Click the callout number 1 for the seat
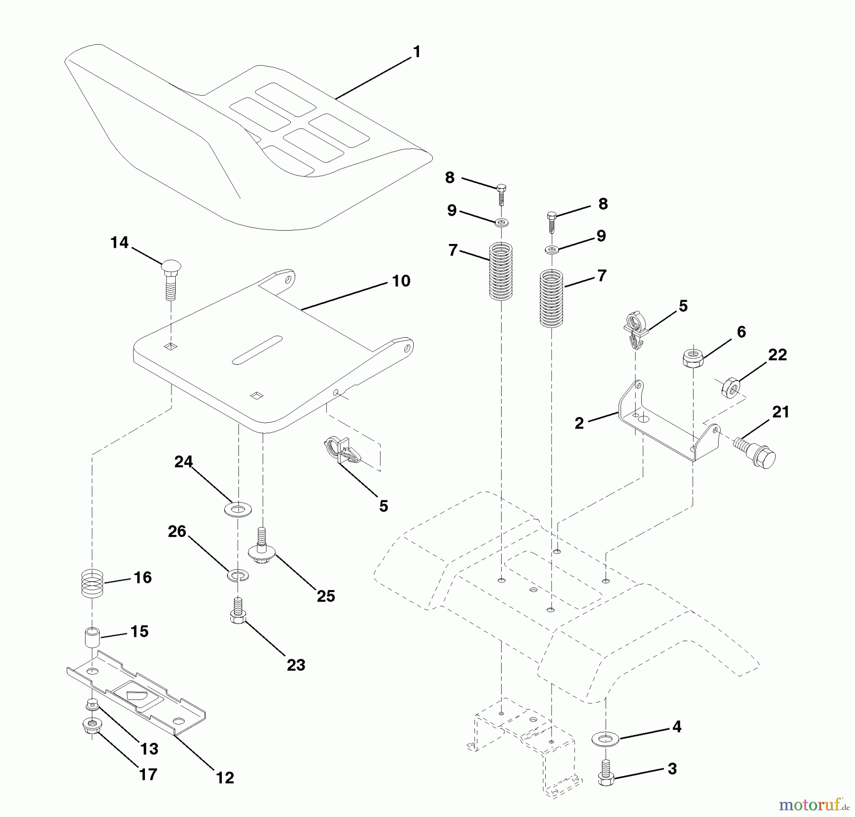[417, 52]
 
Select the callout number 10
[401, 281]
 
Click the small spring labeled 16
[92, 583]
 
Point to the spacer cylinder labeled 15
[92, 637]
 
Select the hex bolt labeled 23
[238, 610]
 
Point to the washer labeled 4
[606, 739]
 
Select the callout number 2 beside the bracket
[579, 423]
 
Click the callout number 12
[225, 778]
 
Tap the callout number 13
[149, 749]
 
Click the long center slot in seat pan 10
[257, 350]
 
